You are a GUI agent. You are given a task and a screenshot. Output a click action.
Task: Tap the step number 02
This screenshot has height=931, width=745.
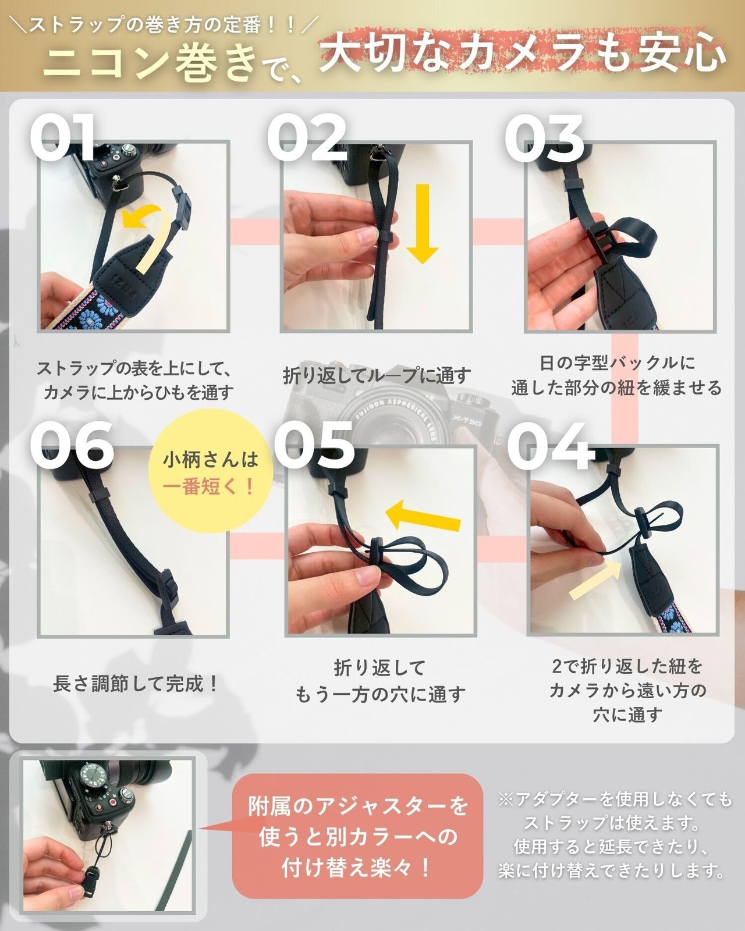point(307,138)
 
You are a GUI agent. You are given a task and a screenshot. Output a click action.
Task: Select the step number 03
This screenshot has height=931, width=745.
point(544,138)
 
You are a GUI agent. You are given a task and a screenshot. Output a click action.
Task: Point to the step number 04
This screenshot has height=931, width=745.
point(550,446)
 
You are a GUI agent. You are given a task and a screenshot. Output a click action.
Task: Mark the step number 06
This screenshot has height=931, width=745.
point(72,446)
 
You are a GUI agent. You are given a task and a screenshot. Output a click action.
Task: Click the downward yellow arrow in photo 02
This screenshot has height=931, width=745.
point(423,223)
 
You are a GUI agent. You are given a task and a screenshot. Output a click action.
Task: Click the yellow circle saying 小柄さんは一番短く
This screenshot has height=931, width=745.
point(211,471)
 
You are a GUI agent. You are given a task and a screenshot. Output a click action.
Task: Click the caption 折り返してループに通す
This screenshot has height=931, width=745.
point(377,375)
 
